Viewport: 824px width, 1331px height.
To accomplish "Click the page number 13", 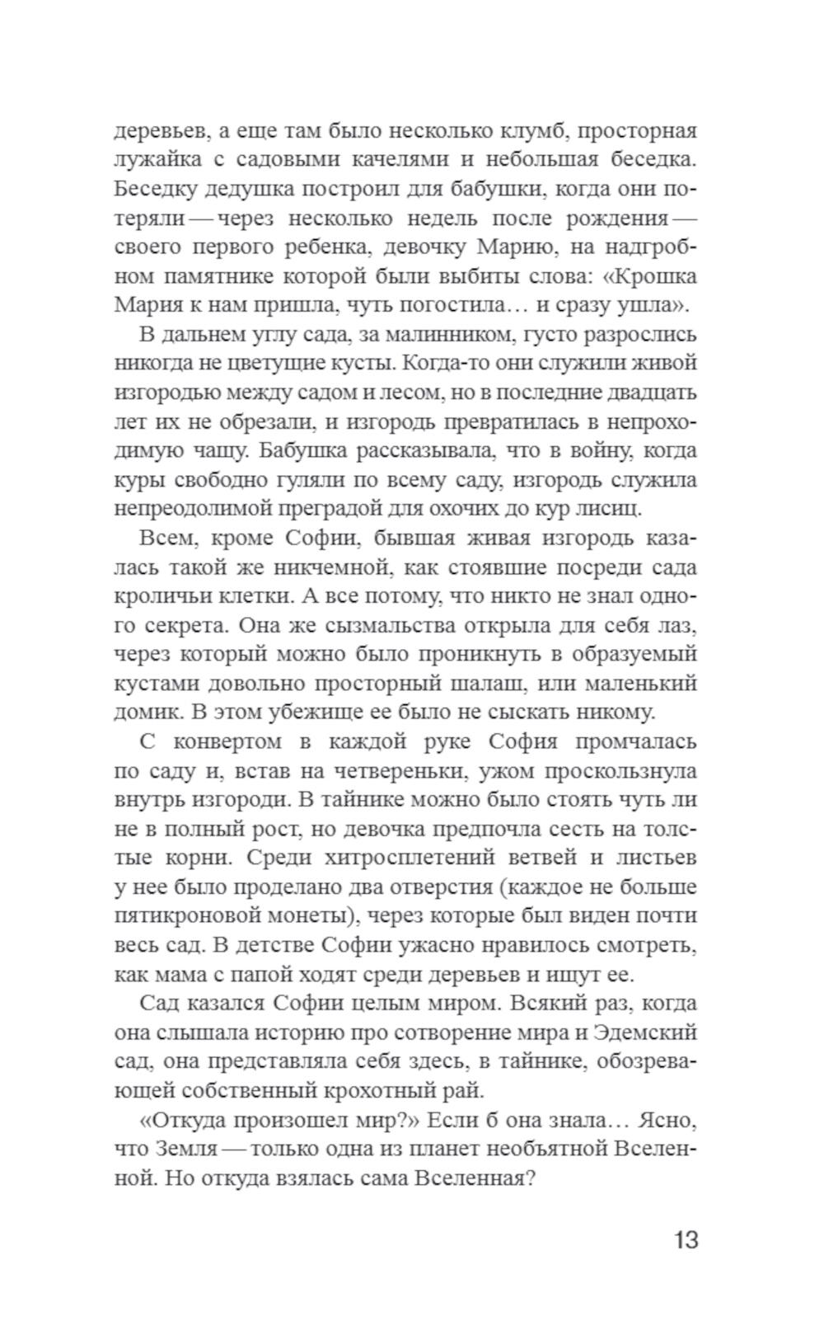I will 685,1239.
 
